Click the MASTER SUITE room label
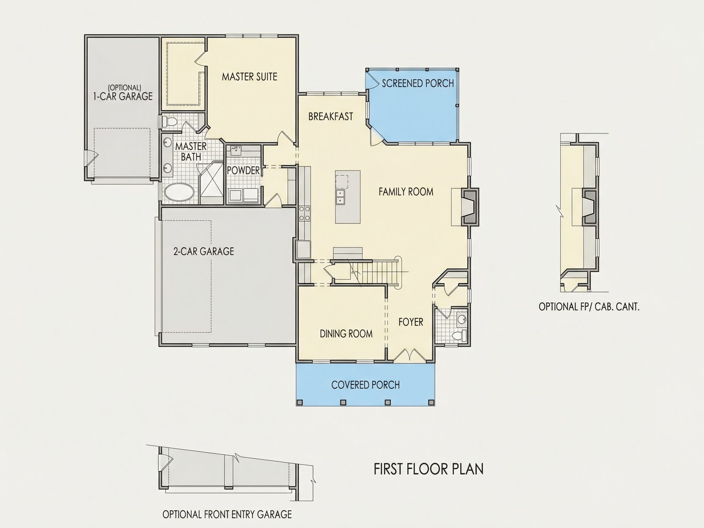pos(250,77)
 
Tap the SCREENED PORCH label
pos(418,83)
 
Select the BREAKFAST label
pos(331,116)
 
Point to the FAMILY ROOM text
pos(406,192)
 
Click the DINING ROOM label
pos(346,334)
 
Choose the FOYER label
pos(411,322)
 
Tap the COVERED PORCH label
pos(365,385)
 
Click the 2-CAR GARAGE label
pos(204,251)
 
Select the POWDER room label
pos(244,170)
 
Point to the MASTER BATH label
pos(191,152)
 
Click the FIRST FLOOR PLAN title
pos(428,469)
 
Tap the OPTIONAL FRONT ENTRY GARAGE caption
pos(227,514)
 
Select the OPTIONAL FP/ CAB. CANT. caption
pos(589,307)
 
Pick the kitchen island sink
pos(341,197)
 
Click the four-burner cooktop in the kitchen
pos(305,213)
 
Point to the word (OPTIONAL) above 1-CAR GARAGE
pos(124,87)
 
